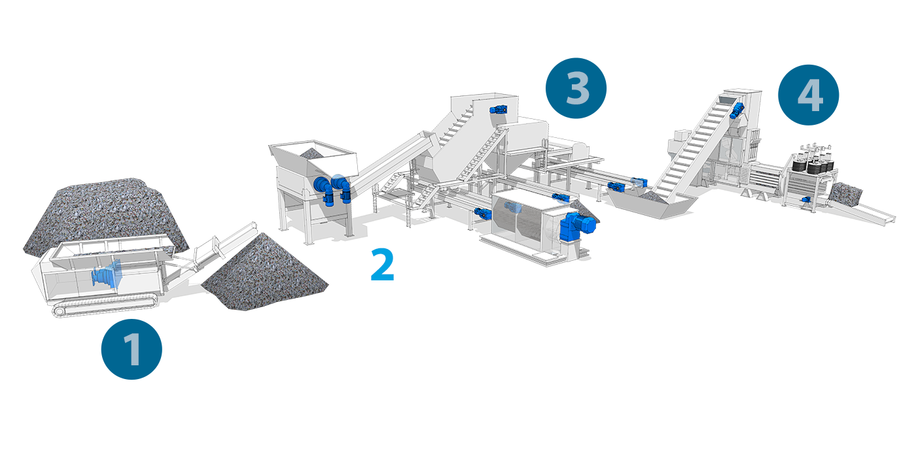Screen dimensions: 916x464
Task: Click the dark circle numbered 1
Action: (x=132, y=349)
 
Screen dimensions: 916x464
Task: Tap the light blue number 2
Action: (x=382, y=265)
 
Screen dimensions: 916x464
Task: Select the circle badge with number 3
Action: (x=576, y=88)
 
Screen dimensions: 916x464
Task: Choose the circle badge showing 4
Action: (x=809, y=95)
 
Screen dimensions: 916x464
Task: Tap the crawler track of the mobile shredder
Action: (x=105, y=307)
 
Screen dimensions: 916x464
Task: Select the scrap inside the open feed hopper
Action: (x=311, y=153)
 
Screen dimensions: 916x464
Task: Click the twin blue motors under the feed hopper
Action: (x=332, y=190)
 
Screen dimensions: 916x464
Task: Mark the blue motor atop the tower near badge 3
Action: (x=499, y=110)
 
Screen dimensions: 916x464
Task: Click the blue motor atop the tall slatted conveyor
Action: (x=737, y=110)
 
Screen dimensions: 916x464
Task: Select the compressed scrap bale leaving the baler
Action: (x=845, y=195)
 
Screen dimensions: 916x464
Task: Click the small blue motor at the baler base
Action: (x=806, y=199)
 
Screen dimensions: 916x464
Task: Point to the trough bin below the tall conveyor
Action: (x=651, y=205)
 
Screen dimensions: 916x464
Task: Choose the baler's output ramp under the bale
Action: (x=863, y=212)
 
